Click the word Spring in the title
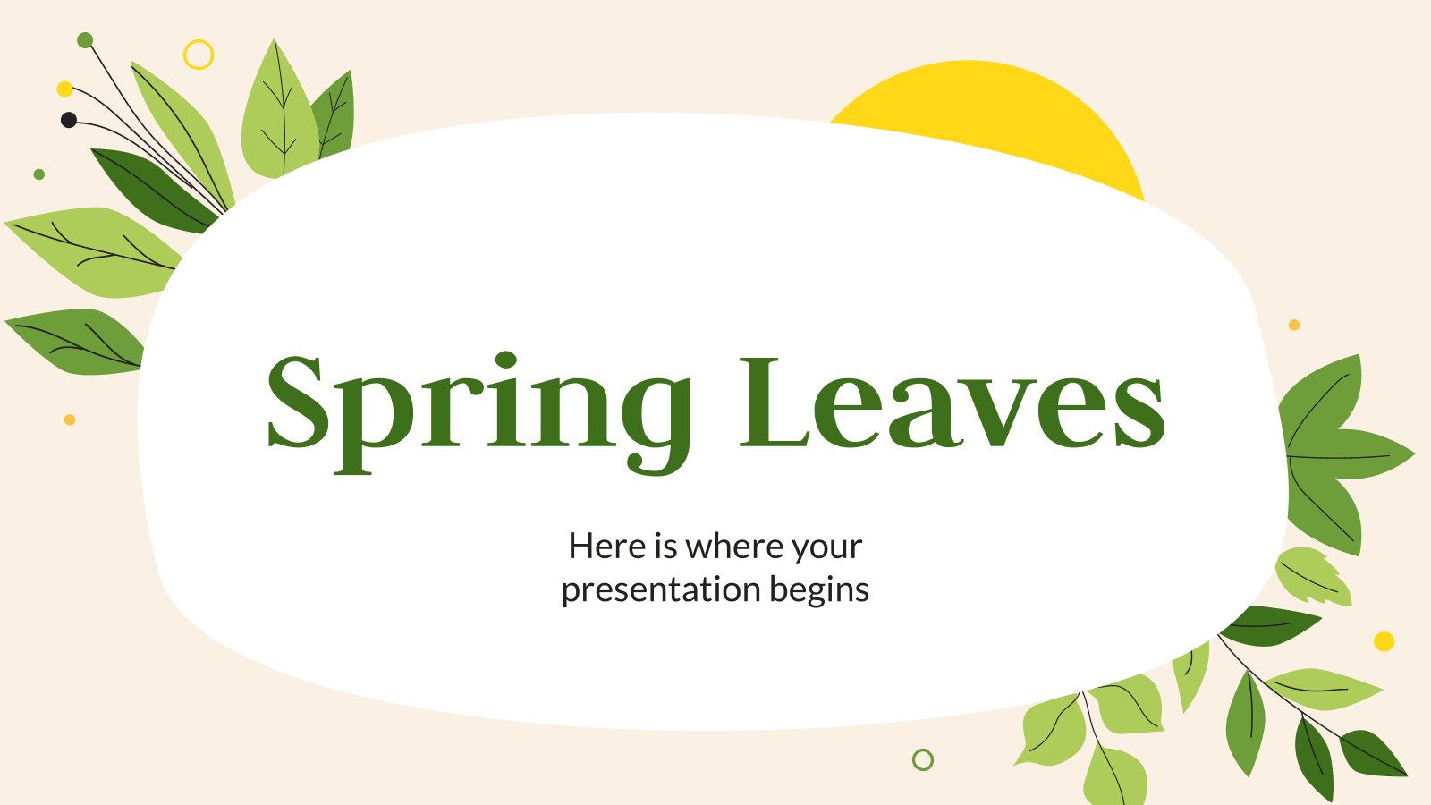[x=478, y=407]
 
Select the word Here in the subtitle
[x=606, y=546]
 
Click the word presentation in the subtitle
[x=661, y=590]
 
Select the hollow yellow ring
[x=199, y=55]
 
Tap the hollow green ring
[x=923, y=760]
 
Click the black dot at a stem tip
[x=69, y=120]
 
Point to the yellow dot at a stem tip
[x=64, y=89]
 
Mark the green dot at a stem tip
[x=85, y=39]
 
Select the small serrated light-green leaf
[x=1313, y=576]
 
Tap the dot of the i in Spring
[x=506, y=360]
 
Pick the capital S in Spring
[x=295, y=402]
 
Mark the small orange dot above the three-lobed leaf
[x=1294, y=325]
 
